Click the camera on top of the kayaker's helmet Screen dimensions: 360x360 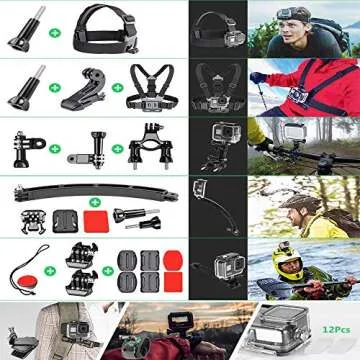[288, 245]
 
